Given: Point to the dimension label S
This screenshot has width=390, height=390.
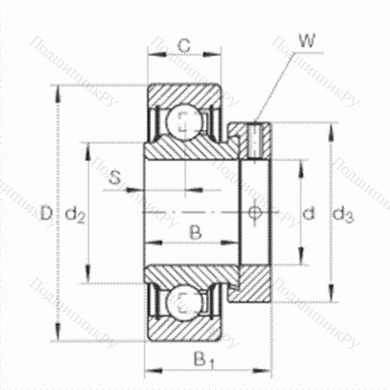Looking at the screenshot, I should (x=115, y=179).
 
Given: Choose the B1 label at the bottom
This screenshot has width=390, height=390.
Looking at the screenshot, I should (x=204, y=361).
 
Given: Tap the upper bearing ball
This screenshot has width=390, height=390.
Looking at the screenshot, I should (x=185, y=120).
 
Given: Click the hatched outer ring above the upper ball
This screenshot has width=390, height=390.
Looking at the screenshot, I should (x=185, y=94).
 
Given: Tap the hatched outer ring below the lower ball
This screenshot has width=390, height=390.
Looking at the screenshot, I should (x=185, y=328).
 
